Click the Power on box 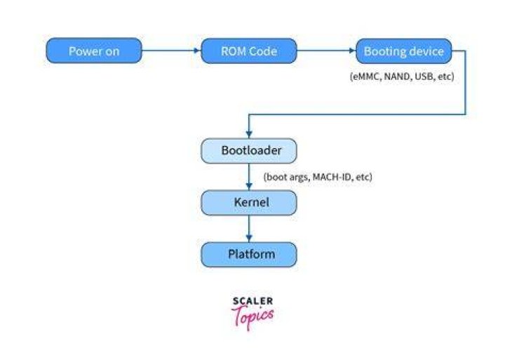tap(94, 51)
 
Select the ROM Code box tap(249, 51)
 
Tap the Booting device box tap(404, 51)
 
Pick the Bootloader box tap(249, 151)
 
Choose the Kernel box tap(249, 203)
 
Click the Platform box tap(249, 255)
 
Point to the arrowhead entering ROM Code tap(197, 51)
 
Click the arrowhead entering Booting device tap(352, 51)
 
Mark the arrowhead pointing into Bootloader tap(249, 134)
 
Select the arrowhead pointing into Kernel tap(249, 186)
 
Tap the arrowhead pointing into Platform tap(249, 238)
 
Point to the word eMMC tap(367, 76)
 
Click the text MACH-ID tap(332, 177)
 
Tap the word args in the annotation tap(299, 178)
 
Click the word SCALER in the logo tap(252, 301)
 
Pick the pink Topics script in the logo tap(252, 316)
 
